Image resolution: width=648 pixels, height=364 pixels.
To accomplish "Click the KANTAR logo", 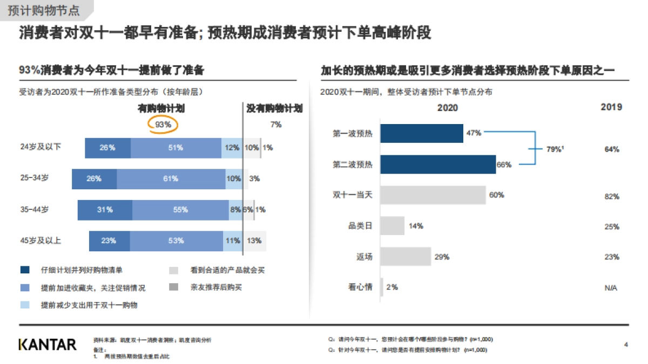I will click(48, 344).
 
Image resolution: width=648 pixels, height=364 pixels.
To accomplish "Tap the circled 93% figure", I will click(163, 125).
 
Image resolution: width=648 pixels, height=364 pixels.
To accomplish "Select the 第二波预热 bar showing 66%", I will click(438, 164).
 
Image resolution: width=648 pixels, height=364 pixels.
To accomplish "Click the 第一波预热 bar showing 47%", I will click(422, 133).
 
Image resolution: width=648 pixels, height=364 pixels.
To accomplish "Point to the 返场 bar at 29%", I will click(406, 257).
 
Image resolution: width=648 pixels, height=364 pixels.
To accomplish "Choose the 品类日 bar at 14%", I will click(393, 226).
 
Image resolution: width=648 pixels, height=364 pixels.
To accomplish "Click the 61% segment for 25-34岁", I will click(171, 178).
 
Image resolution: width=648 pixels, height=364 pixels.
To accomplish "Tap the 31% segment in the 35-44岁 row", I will click(105, 210).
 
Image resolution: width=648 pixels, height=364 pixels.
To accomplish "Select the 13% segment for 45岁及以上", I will click(254, 241).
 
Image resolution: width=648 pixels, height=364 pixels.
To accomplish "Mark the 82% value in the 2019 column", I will click(612, 196).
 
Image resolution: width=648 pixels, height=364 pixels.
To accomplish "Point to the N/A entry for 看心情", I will click(611, 288).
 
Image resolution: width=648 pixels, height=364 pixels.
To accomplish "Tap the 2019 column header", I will click(611, 107).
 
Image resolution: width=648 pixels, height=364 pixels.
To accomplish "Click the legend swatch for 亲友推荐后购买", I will click(174, 287).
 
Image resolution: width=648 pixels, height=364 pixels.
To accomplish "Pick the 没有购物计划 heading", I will click(274, 108).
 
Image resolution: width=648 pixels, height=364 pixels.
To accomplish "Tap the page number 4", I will click(626, 344).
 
